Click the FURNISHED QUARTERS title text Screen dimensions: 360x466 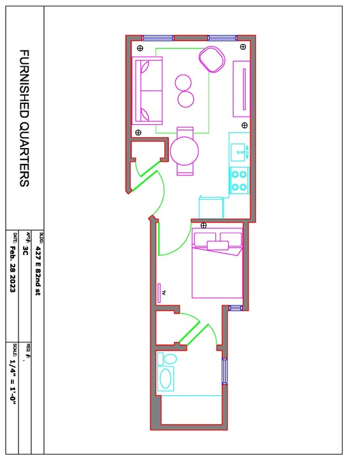[x=24, y=118]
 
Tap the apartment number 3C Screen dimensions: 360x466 [x=25, y=251]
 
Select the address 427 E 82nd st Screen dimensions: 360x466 [x=38, y=271]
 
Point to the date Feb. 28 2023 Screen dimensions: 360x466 [x=13, y=269]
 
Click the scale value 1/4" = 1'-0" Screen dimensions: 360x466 [x=13, y=384]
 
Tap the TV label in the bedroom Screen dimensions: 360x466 [x=163, y=293]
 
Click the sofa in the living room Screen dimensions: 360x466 [x=147, y=91]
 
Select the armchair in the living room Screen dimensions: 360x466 [x=212, y=59]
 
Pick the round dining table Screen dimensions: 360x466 [x=184, y=151]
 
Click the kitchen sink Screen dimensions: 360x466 [x=240, y=152]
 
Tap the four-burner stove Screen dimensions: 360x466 [x=239, y=180]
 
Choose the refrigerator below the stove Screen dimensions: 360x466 [x=211, y=207]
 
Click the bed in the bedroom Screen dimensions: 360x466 [x=217, y=263]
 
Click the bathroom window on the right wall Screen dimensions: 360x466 [x=225, y=371]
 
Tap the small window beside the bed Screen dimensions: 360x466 [x=236, y=308]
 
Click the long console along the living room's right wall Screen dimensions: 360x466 [x=241, y=89]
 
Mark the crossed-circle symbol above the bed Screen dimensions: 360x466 [x=203, y=225]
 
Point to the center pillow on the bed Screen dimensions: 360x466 [x=218, y=245]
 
